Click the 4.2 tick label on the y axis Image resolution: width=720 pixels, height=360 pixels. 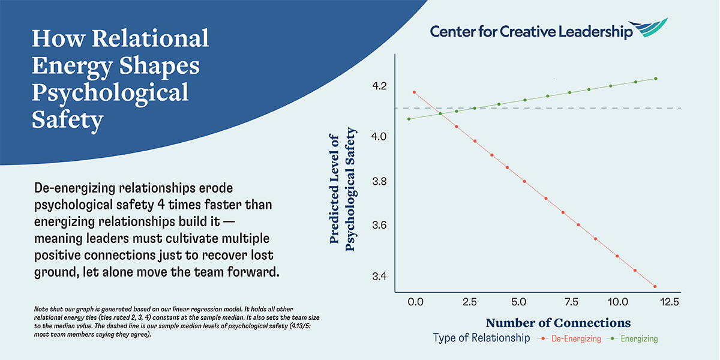tap(380, 86)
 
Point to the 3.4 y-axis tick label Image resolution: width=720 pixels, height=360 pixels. tap(380, 277)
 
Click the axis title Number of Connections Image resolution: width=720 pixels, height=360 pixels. tap(558, 322)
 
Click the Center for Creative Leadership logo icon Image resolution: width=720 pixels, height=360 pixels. tap(650, 28)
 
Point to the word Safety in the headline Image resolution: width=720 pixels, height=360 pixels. tap(67, 120)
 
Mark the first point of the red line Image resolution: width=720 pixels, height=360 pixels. tap(414, 92)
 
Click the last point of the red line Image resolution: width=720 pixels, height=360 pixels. tap(655, 287)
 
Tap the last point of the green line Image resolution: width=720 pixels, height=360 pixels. tap(656, 79)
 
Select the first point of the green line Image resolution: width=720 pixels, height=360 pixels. tap(409, 119)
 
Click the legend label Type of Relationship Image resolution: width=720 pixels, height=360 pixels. tap(481, 338)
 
